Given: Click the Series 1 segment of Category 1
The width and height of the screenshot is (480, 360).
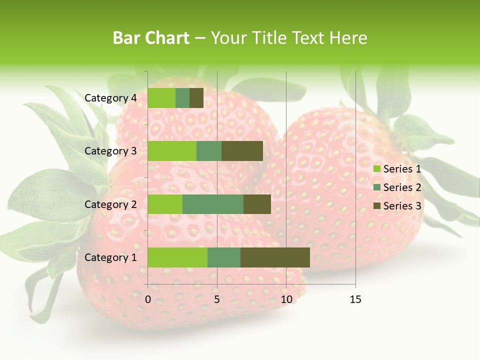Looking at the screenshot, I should coord(177,257).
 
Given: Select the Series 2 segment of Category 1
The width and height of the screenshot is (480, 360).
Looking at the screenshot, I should coord(224,257).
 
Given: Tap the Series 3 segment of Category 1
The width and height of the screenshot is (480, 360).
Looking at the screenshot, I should coord(275,257).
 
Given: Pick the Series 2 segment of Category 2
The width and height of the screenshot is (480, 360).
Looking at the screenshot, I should coord(213,204).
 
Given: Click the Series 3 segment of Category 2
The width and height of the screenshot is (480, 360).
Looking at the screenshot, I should coord(257,204).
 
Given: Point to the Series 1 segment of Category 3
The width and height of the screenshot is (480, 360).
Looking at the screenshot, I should coord(172,151).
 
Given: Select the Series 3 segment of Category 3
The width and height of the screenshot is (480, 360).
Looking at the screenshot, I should coord(242,151).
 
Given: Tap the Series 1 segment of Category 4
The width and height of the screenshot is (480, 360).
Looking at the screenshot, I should coord(161,98).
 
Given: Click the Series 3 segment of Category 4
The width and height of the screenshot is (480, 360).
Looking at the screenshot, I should coord(196,98).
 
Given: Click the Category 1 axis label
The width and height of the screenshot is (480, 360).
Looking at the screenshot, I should coord(110,257).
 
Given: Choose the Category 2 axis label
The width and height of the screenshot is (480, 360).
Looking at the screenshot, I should coord(110,204).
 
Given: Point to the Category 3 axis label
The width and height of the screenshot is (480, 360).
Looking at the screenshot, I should coord(110,151).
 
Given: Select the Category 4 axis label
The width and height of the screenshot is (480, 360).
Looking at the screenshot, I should coord(110,98).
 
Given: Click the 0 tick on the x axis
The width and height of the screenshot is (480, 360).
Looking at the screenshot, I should coord(148,299).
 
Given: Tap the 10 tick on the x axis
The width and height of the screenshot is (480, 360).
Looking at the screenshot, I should coord(286,299).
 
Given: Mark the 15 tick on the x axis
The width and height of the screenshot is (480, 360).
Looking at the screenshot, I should coord(355,299).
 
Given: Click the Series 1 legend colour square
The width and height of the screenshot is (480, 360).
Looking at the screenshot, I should coord(377,169).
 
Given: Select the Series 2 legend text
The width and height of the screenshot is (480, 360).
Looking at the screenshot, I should coord(402,187).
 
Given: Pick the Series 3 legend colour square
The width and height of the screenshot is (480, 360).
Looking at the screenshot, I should coord(377,206).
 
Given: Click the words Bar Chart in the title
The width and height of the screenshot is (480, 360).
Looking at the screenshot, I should coord(151,38).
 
